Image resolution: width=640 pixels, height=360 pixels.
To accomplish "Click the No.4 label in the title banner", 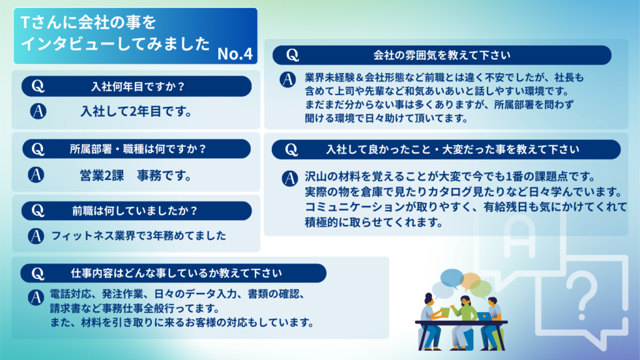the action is (x=235, y=54).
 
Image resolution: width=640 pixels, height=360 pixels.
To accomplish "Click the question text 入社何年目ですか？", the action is (x=138, y=86).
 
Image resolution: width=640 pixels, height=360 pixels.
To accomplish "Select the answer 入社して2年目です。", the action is (x=136, y=111).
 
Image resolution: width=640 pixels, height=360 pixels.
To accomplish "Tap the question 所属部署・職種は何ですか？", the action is (x=138, y=149).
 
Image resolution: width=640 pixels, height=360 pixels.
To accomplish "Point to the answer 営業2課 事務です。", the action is (x=136, y=176).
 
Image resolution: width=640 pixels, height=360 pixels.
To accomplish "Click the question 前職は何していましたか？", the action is (x=135, y=211).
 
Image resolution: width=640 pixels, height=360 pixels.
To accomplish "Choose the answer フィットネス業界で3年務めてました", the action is (x=139, y=236).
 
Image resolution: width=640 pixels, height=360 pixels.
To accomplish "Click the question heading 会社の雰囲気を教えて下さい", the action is (x=442, y=55).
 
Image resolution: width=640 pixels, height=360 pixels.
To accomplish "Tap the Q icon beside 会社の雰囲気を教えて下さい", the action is (x=292, y=55).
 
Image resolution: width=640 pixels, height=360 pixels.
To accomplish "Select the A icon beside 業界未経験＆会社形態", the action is (x=287, y=79).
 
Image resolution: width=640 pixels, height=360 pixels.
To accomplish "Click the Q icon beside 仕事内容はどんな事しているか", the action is (x=37, y=274).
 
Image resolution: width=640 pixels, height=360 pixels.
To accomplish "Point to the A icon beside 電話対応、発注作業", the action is (x=36, y=297).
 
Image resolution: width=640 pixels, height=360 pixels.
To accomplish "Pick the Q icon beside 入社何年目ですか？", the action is (x=38, y=86).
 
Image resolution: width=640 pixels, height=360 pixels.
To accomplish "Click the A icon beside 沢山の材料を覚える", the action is (x=290, y=178).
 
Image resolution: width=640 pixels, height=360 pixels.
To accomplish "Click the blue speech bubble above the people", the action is (x=451, y=278).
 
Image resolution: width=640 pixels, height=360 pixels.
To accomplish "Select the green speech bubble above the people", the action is (x=481, y=288).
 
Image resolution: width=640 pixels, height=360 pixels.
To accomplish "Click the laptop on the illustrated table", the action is (x=484, y=316).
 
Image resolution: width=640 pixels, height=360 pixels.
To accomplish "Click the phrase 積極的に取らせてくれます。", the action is (x=374, y=222).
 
